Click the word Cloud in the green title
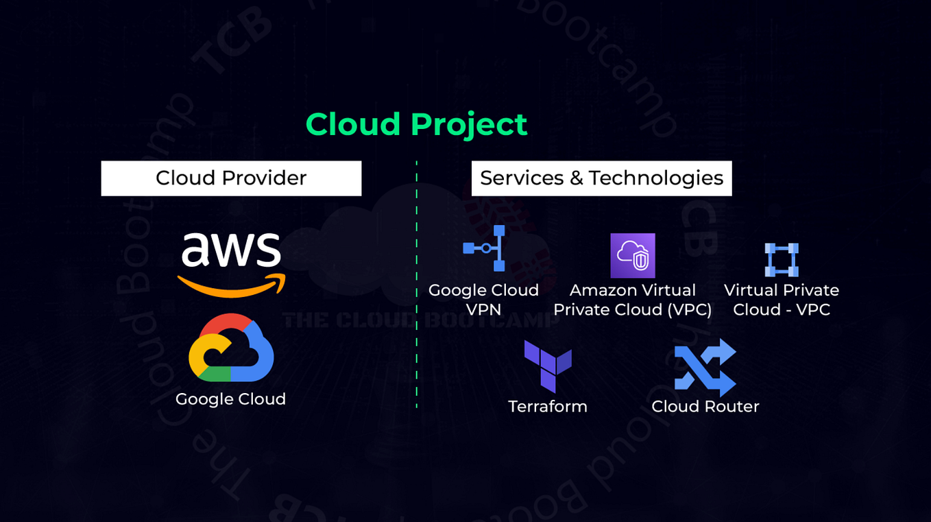(x=353, y=125)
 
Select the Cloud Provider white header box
(x=231, y=178)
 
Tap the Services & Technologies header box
(x=601, y=178)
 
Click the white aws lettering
(x=231, y=250)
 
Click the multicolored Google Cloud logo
(x=231, y=348)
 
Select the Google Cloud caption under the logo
(x=230, y=399)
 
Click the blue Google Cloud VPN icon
(x=485, y=248)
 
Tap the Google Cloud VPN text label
(x=483, y=300)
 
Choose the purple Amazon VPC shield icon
(x=633, y=256)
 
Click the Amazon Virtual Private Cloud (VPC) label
(x=632, y=300)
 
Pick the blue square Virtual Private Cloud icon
(x=782, y=259)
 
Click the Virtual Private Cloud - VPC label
(x=782, y=300)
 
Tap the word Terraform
(x=548, y=407)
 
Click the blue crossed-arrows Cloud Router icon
(x=705, y=368)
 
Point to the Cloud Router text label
(x=705, y=407)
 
